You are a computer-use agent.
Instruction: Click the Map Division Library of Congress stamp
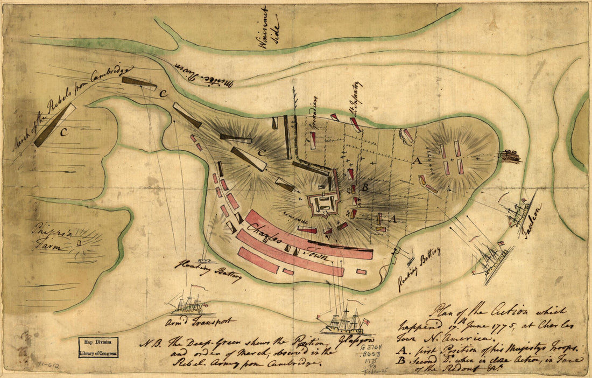pyautogui.click(x=98, y=347)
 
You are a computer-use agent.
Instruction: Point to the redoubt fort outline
pyautogui.click(x=321, y=204)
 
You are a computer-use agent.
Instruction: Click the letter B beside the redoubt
pyautogui.click(x=365, y=188)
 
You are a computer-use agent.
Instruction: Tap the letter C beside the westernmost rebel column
pyautogui.click(x=63, y=134)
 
